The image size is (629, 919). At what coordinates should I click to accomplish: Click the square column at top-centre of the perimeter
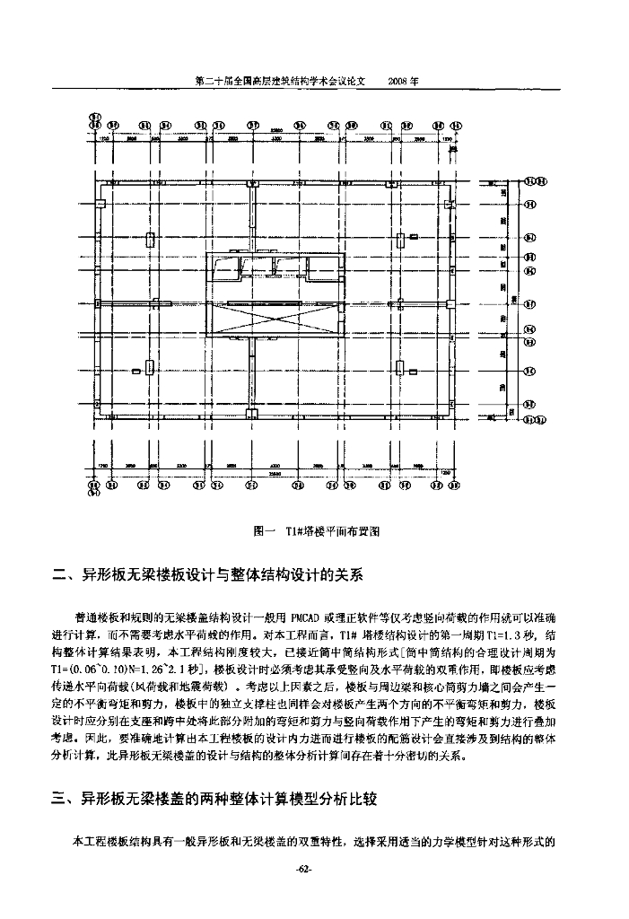tap(254, 181)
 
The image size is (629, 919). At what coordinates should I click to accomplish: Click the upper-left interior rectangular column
tap(151, 239)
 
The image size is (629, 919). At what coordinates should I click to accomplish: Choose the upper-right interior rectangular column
tap(400, 239)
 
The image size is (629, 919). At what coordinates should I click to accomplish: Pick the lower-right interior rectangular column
tap(400, 366)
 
